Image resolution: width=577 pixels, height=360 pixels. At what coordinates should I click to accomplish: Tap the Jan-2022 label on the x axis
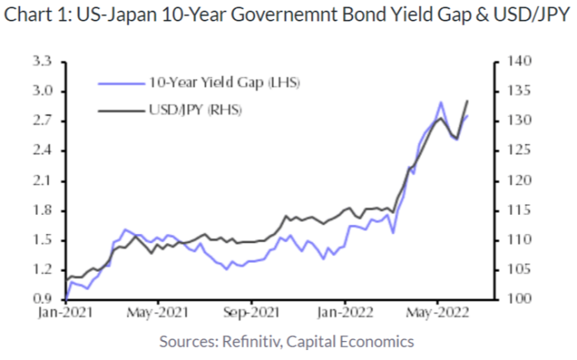342,313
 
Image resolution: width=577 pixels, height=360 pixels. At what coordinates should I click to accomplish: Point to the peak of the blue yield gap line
442,102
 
